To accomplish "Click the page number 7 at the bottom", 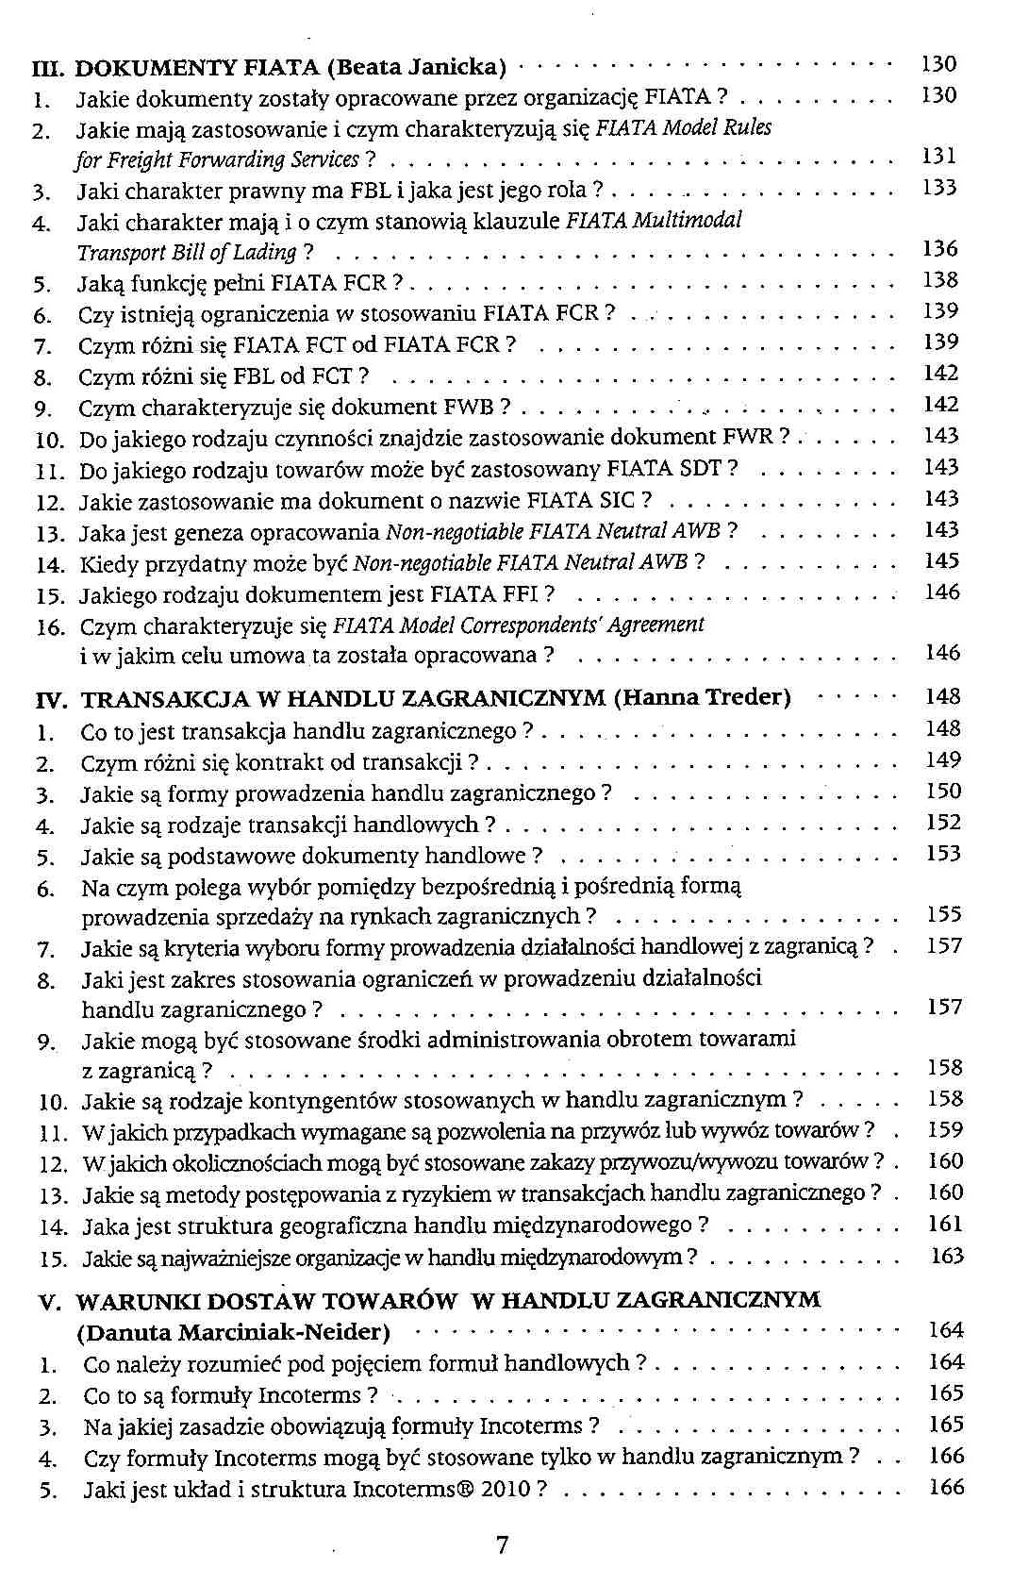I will click(x=502, y=1544).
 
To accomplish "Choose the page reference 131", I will click(x=938, y=156).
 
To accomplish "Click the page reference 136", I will click(x=939, y=249).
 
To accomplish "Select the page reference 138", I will click(x=939, y=280).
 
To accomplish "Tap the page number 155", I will click(x=943, y=914).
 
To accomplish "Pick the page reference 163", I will click(x=946, y=1256).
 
